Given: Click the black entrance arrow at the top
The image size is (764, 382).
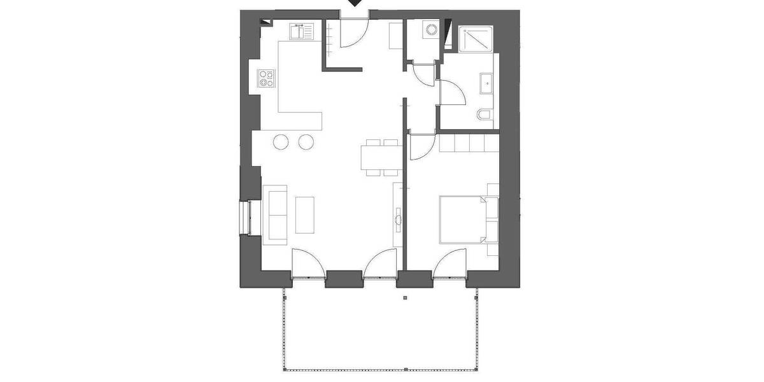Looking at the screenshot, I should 356,3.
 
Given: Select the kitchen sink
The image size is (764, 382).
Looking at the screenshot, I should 301,31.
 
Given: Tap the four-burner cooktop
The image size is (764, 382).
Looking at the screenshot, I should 266,79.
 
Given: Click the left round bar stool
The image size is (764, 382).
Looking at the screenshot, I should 282,142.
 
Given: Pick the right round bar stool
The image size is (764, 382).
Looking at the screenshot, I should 307,142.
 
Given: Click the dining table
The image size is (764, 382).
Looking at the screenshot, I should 381,157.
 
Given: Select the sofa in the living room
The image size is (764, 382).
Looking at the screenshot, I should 275,215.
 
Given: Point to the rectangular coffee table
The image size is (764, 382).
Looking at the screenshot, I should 304,215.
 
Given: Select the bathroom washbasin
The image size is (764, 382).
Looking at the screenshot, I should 487,82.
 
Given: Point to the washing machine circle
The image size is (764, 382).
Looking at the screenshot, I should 432,30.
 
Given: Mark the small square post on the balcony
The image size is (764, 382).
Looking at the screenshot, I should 405,297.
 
